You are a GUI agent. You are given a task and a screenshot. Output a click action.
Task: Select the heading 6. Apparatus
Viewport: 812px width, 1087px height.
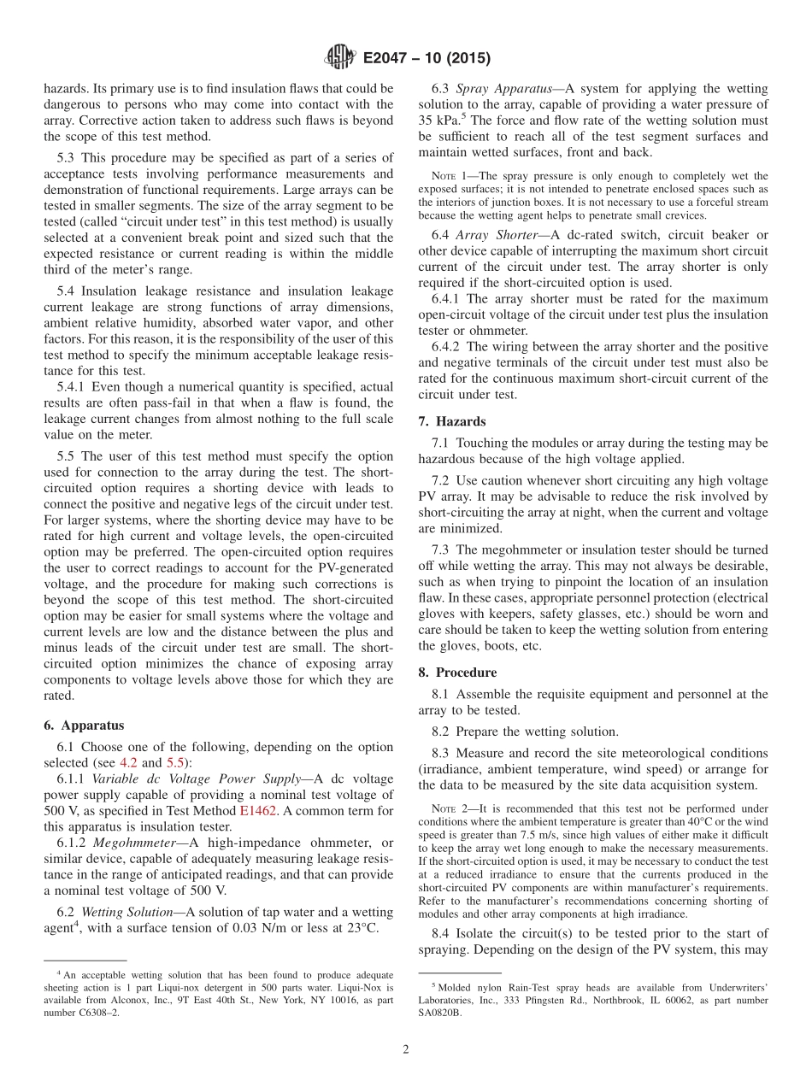84,725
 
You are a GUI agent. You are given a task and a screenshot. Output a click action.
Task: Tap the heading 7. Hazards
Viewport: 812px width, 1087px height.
452,421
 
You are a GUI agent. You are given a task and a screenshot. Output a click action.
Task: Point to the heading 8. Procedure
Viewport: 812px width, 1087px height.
457,673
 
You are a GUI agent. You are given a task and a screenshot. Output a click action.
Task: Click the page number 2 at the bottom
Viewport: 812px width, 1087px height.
406,1049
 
